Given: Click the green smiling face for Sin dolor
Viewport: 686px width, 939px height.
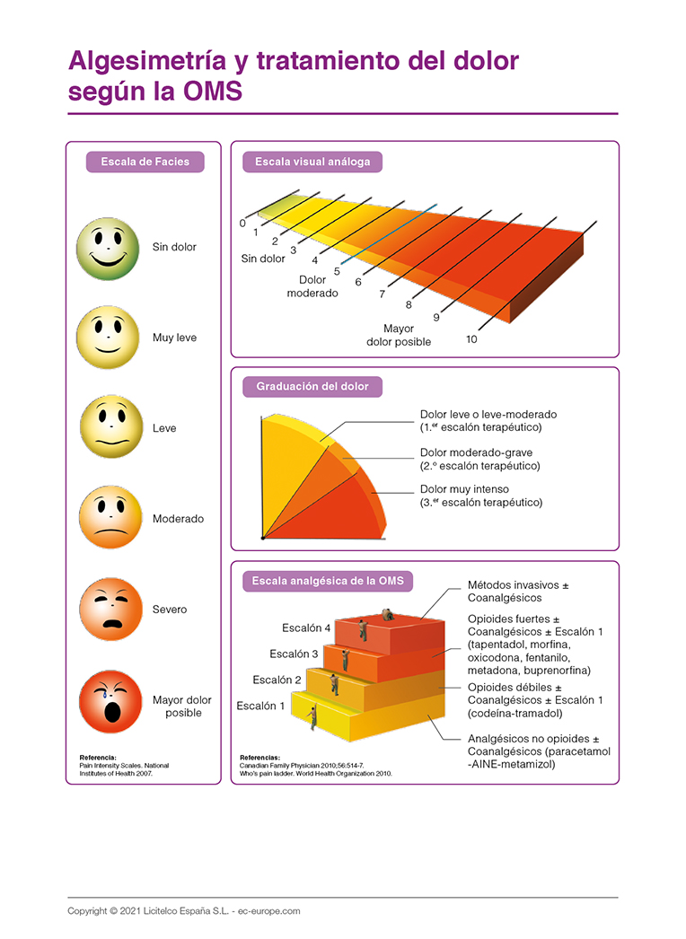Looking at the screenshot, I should click(x=108, y=248).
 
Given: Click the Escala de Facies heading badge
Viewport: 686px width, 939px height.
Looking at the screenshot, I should click(x=145, y=162).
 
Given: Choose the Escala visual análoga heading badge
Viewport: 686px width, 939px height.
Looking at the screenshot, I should click(x=312, y=162).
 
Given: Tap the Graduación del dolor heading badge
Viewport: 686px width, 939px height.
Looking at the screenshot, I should click(x=312, y=387).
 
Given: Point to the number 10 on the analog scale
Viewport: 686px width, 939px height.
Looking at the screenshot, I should click(x=471, y=339).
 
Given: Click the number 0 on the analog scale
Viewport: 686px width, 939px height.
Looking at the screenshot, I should click(x=242, y=223).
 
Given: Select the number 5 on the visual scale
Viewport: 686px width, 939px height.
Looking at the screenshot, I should click(x=337, y=270).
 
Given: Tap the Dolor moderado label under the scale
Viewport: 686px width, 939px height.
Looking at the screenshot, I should click(x=312, y=286).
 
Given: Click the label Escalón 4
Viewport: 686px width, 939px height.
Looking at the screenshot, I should click(x=306, y=627).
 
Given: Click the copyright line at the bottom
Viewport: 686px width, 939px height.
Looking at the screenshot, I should click(x=183, y=911).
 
